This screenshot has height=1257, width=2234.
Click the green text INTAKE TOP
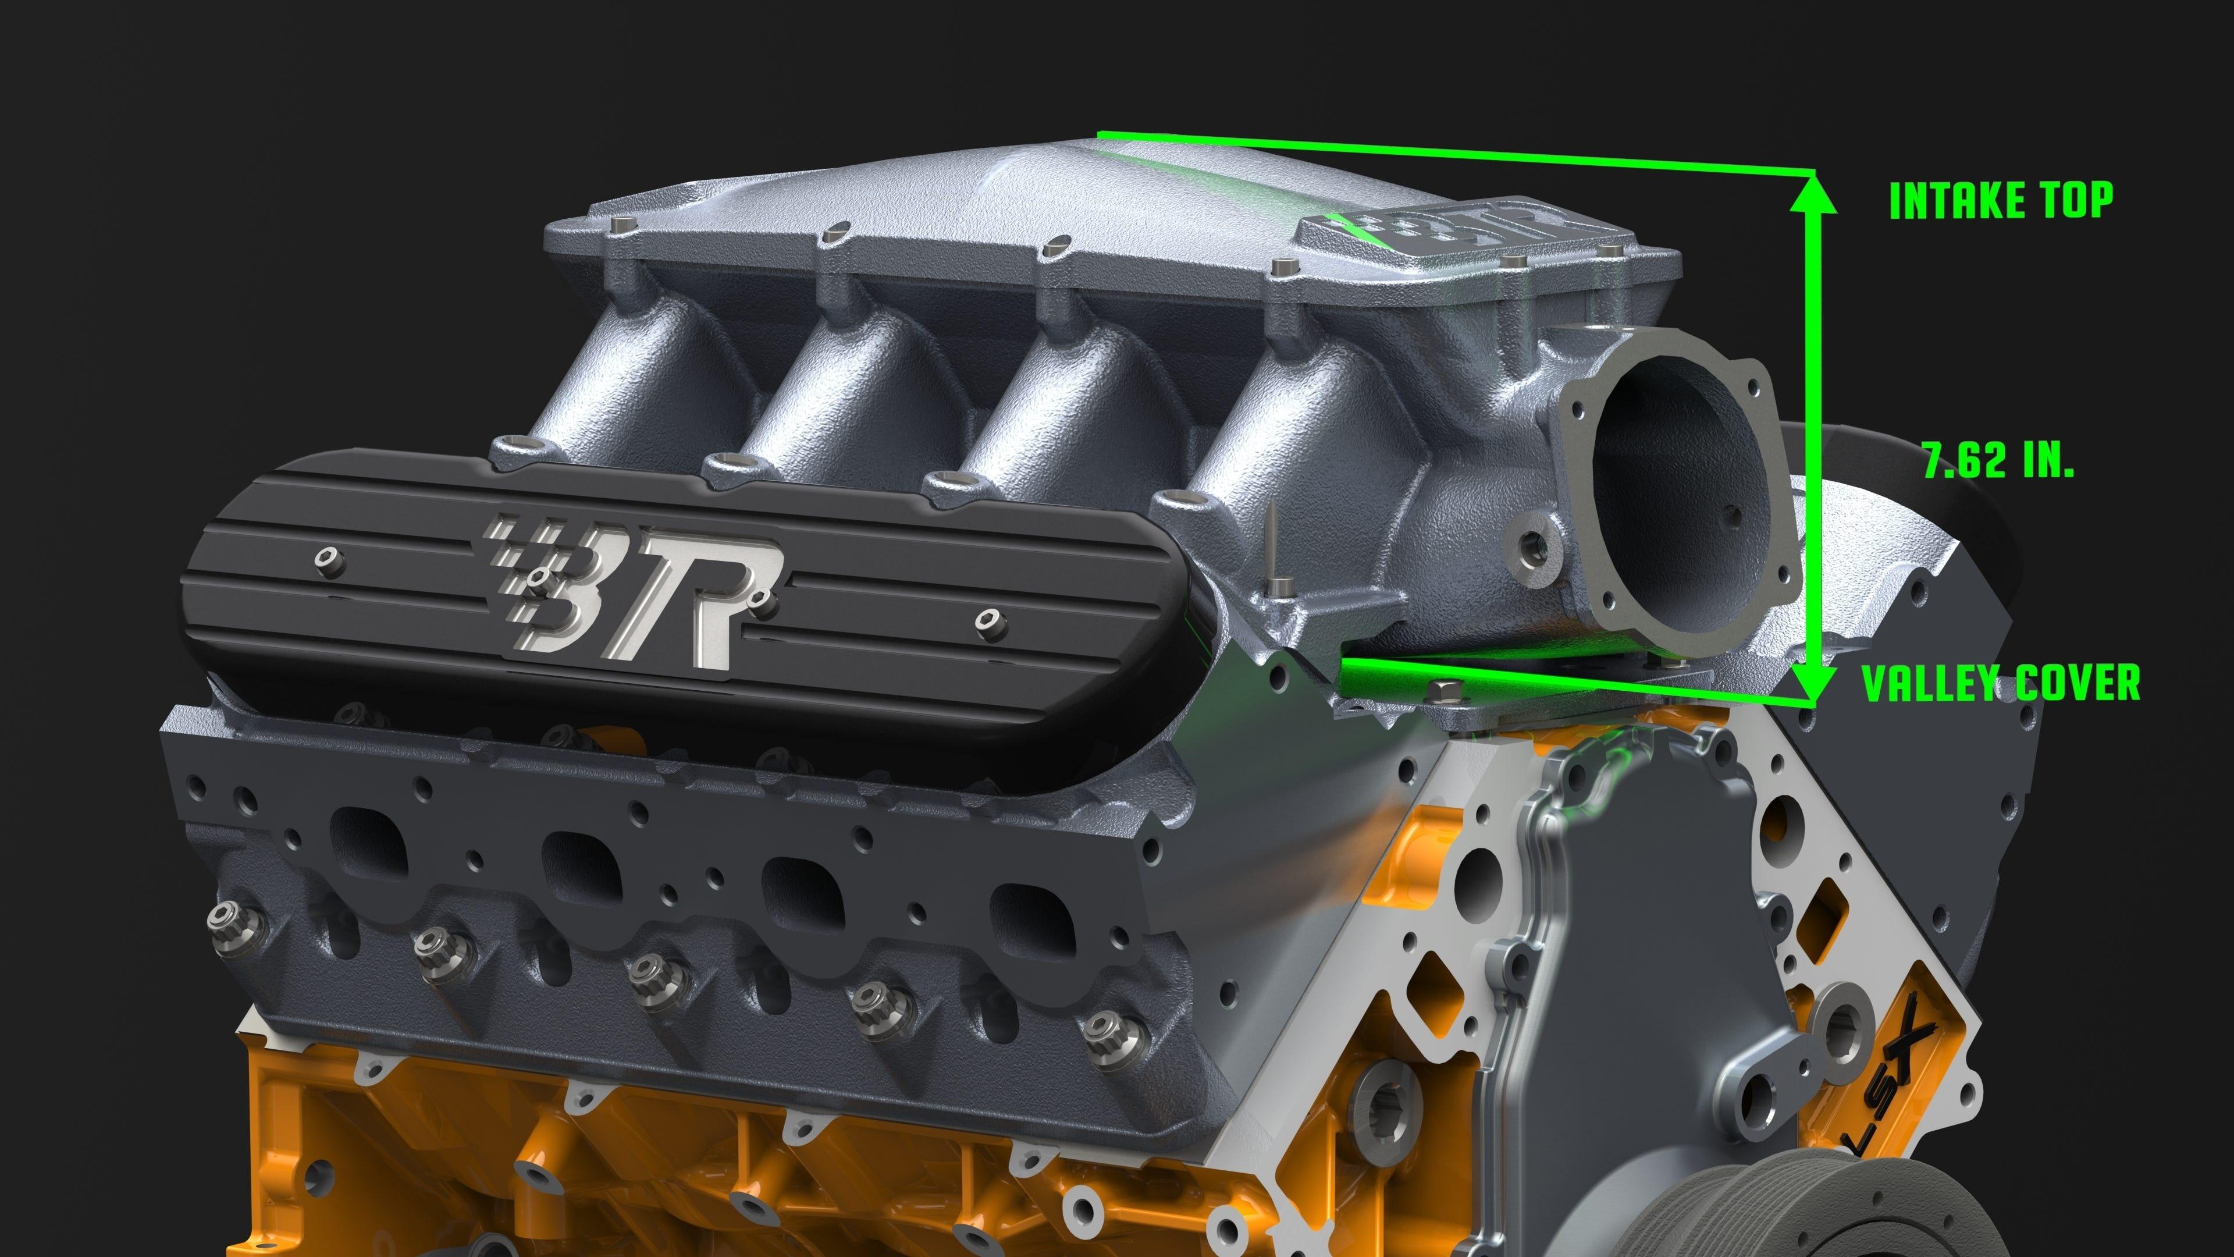coord(2001,200)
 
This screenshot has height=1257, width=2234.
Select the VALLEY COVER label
coord(2001,684)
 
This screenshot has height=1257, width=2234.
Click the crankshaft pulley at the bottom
coord(1726,1215)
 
